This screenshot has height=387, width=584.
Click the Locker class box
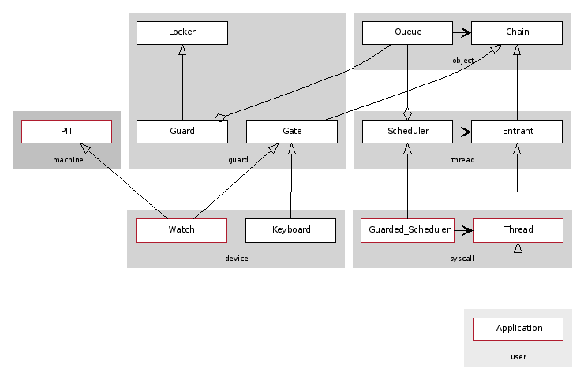(x=182, y=32)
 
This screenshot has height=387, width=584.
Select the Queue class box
(x=407, y=32)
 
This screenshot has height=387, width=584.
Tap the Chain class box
(x=517, y=32)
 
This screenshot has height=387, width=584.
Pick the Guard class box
(x=182, y=132)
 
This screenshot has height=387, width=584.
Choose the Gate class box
(x=292, y=132)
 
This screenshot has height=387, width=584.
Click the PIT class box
(x=67, y=132)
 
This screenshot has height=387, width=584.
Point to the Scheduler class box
(x=407, y=132)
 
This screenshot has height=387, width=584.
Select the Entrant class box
(x=517, y=132)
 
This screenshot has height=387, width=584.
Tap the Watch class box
(x=182, y=230)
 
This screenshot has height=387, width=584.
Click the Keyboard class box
(x=291, y=230)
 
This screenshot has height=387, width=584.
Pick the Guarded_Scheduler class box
(x=407, y=230)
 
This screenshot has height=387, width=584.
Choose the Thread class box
(x=518, y=230)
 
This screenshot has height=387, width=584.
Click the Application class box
(x=518, y=329)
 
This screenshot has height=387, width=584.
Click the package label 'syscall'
(x=462, y=258)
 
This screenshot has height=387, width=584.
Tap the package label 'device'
(x=237, y=258)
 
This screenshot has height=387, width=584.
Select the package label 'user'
(x=518, y=357)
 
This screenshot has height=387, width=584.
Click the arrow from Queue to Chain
(x=462, y=33)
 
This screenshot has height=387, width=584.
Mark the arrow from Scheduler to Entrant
(x=462, y=132)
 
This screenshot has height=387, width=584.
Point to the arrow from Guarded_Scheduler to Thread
(x=463, y=230)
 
